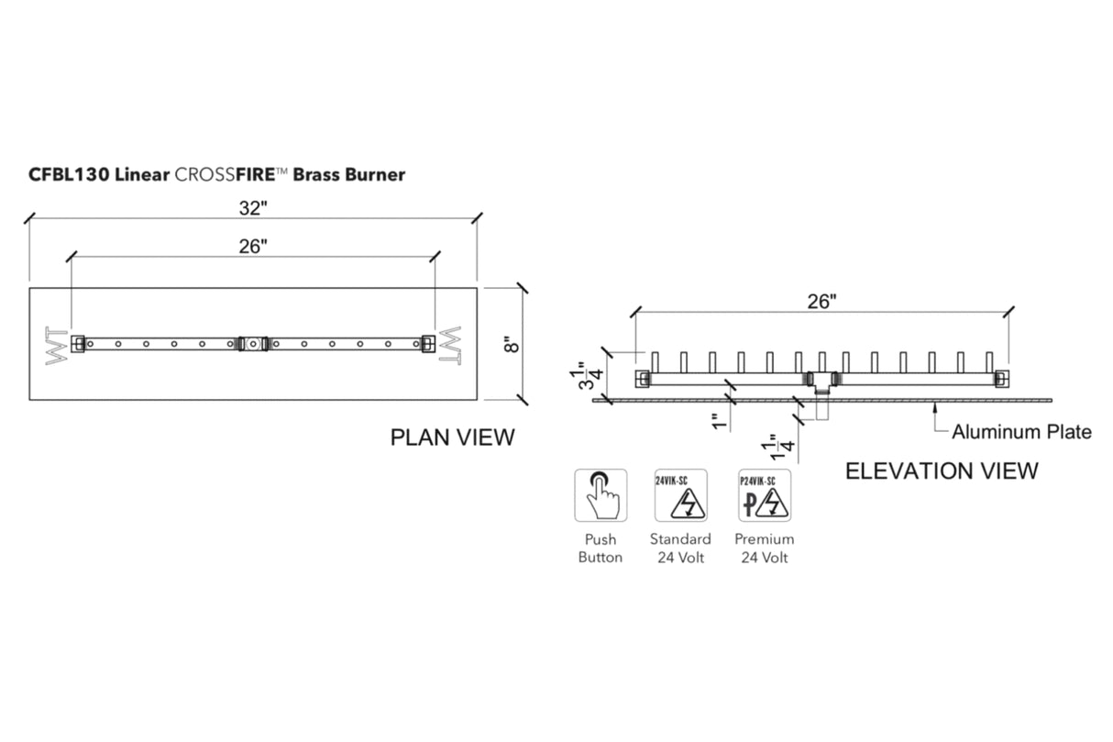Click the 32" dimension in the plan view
(x=252, y=208)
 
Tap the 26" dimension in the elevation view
(x=821, y=301)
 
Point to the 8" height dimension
(x=512, y=344)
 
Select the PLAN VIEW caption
(x=453, y=437)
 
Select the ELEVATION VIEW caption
(x=942, y=471)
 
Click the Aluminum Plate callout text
(x=1021, y=431)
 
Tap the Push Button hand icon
(x=601, y=495)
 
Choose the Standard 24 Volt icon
(x=680, y=495)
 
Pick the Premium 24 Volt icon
(x=764, y=495)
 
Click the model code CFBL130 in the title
(x=70, y=174)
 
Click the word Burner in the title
(x=375, y=174)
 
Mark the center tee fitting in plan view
(x=252, y=344)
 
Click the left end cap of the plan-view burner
(x=80, y=344)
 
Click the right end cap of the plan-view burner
(x=426, y=344)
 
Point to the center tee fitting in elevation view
(x=821, y=379)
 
